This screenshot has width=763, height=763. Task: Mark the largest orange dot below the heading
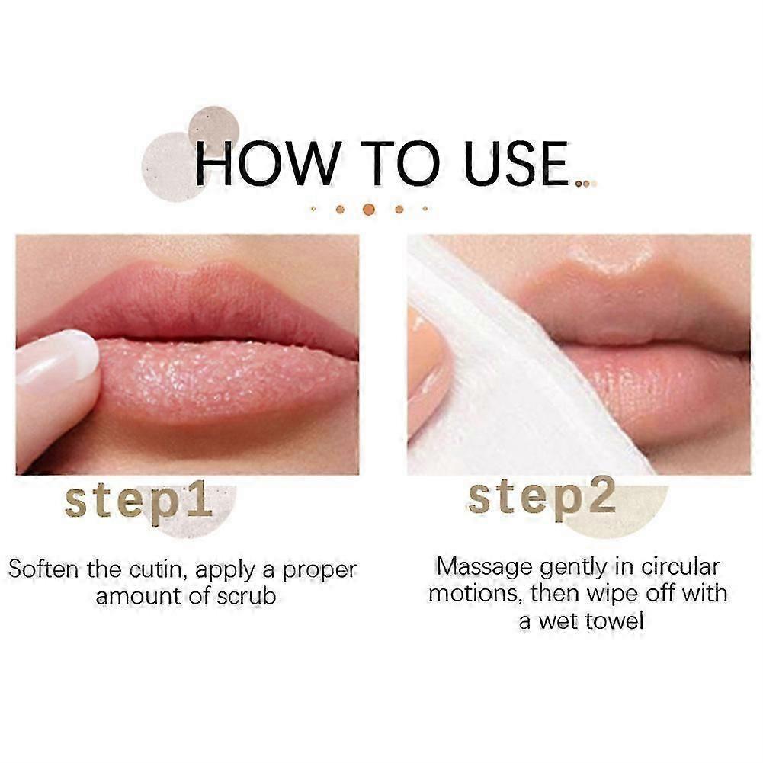pyautogui.click(x=369, y=208)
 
